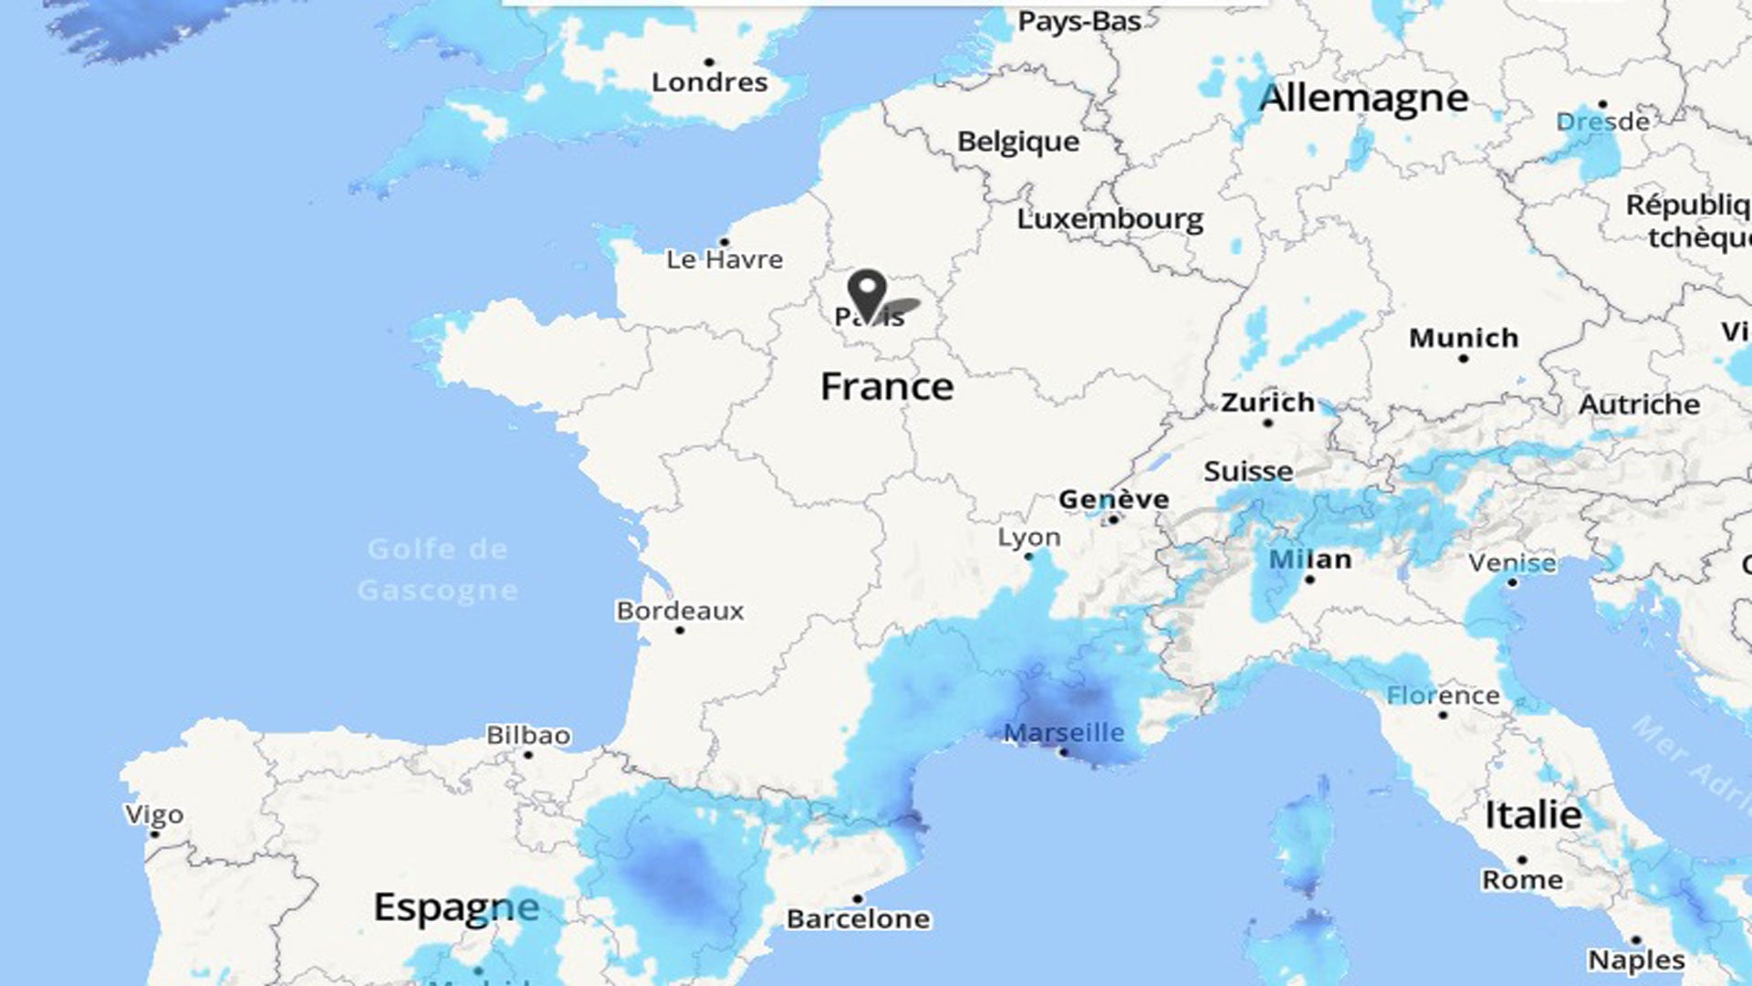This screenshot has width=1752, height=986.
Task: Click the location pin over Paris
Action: point(866,292)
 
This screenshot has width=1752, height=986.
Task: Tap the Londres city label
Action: point(710,83)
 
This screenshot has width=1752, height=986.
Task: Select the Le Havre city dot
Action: point(725,242)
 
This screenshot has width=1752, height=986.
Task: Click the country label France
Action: point(887,387)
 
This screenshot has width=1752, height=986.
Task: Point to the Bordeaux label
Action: point(680,611)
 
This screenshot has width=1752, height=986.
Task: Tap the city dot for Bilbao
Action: point(528,755)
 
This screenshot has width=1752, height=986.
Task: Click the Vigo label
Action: point(154,814)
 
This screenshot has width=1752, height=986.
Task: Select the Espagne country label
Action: point(456,907)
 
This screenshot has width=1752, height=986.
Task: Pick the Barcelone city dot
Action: point(857,899)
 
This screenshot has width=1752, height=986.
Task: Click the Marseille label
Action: point(1064,732)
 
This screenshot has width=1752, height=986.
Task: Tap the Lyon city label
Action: point(1029,537)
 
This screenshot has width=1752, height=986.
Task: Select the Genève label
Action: point(1113,499)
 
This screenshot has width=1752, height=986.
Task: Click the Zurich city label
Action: point(1267,403)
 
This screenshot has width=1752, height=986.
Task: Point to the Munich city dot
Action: point(1464,359)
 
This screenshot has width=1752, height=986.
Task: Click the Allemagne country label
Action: point(1363,98)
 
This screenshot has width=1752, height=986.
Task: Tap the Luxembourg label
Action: point(1110,219)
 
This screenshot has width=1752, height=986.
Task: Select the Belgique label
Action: point(1017,142)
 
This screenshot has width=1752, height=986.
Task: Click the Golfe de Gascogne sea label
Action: point(438,570)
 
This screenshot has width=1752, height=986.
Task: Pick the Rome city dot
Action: point(1521,860)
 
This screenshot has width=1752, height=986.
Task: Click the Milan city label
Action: point(1310,559)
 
